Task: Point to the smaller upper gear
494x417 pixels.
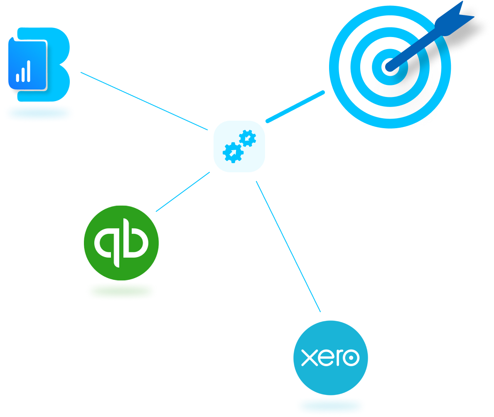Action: [x=248, y=138]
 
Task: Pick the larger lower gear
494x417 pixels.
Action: [x=233, y=152]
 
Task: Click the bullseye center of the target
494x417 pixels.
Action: [x=388, y=66]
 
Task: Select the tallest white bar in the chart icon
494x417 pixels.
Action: [x=28, y=71]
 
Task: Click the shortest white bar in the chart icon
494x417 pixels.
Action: [x=17, y=77]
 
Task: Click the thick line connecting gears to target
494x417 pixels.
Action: [x=295, y=107]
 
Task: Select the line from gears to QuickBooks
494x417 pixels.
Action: [x=183, y=192]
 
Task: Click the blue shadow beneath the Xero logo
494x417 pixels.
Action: [x=331, y=405]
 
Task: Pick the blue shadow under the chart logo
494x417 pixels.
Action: [x=39, y=113]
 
